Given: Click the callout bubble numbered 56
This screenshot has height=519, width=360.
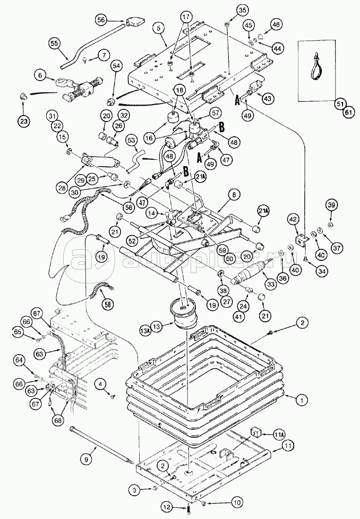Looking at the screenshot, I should (102, 20).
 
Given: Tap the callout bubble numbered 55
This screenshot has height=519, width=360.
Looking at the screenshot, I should (54, 42).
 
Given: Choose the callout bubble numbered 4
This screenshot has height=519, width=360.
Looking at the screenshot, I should (100, 383).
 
